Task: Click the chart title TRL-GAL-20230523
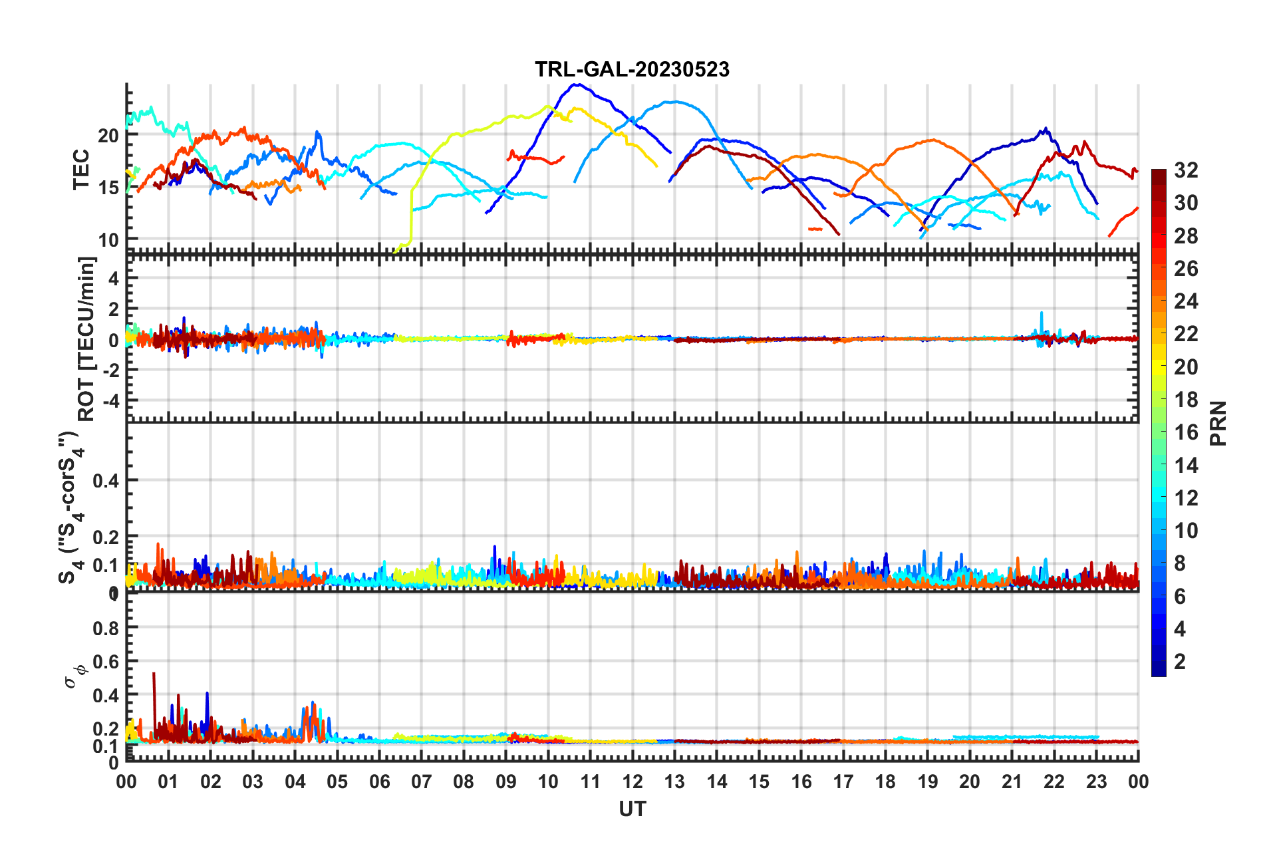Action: [x=632, y=69]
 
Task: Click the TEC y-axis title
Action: [x=81, y=170]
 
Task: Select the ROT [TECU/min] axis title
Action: [x=86, y=339]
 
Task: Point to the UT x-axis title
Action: [x=632, y=809]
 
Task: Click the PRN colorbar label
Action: [x=1218, y=423]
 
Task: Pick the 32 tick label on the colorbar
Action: [x=1186, y=170]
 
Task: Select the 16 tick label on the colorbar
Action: [x=1186, y=432]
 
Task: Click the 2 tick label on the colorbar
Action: [x=1180, y=661]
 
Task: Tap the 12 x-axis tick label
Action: [x=632, y=781]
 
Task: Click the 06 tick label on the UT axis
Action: [x=379, y=781]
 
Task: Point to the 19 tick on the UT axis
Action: [x=927, y=781]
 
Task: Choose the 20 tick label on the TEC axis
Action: [x=108, y=135]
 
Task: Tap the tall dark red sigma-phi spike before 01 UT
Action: [x=154, y=674]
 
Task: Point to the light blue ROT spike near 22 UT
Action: [x=1042, y=313]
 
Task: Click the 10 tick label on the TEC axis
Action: [x=108, y=239]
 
